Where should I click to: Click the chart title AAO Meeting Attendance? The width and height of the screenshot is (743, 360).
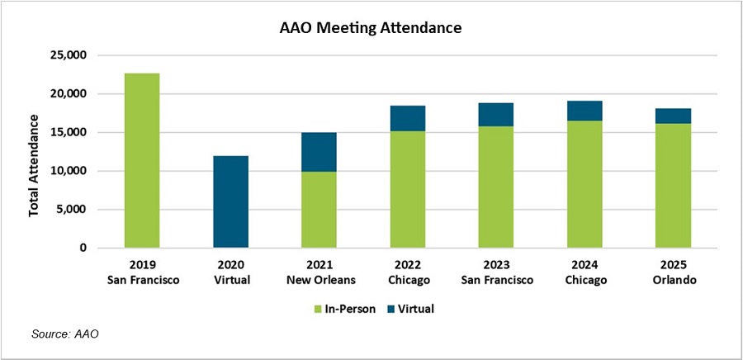[x=371, y=28]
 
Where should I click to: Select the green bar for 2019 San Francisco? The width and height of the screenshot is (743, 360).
[x=141, y=160]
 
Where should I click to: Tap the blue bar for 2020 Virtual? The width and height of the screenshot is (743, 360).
[x=230, y=201]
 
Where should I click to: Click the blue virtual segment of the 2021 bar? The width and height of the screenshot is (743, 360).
[x=319, y=152]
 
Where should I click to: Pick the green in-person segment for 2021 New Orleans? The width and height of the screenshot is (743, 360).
[x=319, y=210]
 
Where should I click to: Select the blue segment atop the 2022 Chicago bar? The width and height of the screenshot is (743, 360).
[x=407, y=118]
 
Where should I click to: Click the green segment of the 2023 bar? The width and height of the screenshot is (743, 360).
[x=496, y=187]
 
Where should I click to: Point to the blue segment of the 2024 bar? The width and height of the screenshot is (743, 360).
[x=584, y=111]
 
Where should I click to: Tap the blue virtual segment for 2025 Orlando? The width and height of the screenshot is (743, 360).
[x=673, y=116]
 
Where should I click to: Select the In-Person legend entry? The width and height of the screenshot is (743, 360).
[x=343, y=309]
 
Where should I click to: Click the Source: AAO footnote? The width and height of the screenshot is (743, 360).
[x=64, y=334]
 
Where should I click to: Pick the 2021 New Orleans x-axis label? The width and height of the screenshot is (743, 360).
[x=319, y=272]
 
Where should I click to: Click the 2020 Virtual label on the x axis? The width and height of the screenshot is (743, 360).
[x=230, y=272]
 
